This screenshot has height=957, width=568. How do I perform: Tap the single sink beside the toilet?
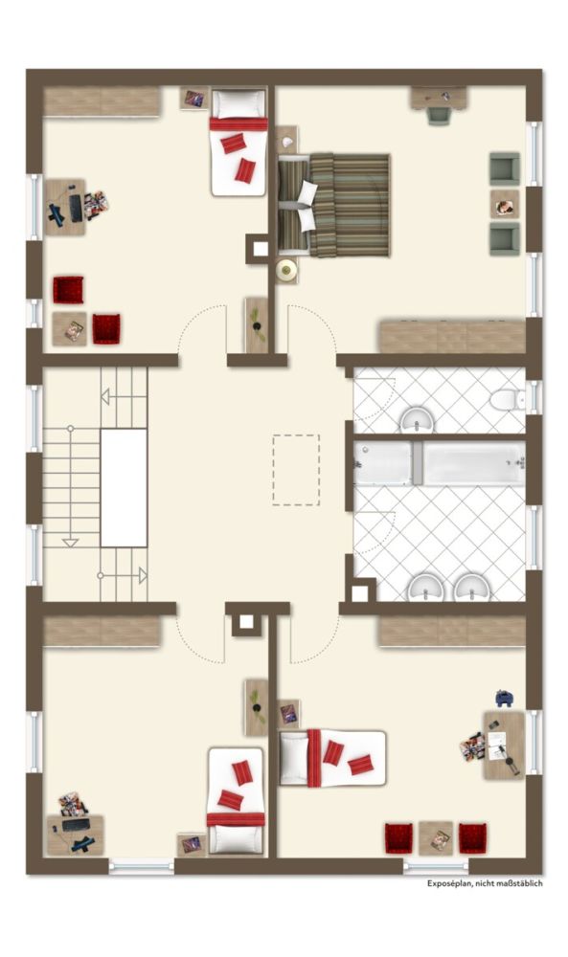418,420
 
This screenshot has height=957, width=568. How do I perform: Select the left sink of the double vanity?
425,588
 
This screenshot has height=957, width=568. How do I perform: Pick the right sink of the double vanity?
471,588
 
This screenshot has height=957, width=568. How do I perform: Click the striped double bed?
334,205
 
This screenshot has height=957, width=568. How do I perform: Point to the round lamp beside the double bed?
285,271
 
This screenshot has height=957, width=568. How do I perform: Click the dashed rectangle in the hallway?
296,470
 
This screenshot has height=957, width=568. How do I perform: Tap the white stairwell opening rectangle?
124,488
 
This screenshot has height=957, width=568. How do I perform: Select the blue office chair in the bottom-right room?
504,698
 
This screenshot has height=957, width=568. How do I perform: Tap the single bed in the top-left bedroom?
239,143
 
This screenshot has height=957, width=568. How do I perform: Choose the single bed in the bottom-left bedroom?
236,801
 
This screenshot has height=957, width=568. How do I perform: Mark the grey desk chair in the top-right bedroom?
439,116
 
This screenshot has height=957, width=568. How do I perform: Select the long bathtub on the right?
474,463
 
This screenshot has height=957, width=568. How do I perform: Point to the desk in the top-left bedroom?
64,208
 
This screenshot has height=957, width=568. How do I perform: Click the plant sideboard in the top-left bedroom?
257,324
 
